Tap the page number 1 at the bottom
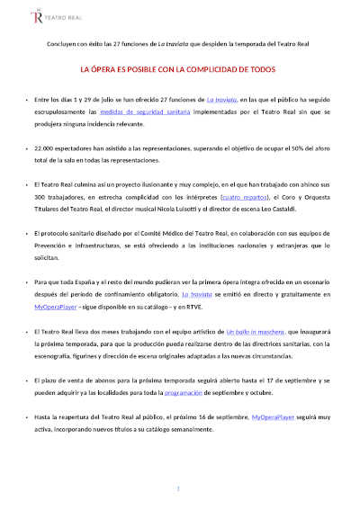coord(179,488)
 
